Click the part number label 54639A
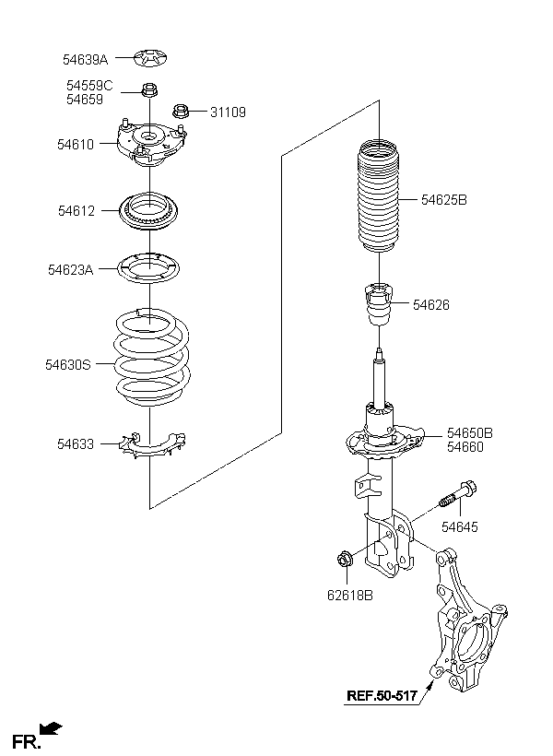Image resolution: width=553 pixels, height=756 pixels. click(x=86, y=60)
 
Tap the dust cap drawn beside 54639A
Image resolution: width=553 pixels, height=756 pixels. click(x=150, y=58)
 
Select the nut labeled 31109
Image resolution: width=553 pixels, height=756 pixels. click(x=181, y=111)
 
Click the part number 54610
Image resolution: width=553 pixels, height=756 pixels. click(x=76, y=144)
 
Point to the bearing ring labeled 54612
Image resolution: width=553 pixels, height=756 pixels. click(x=149, y=211)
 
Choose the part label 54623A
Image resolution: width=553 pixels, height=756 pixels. click(x=70, y=269)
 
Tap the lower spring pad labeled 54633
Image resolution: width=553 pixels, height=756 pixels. click(x=152, y=445)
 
